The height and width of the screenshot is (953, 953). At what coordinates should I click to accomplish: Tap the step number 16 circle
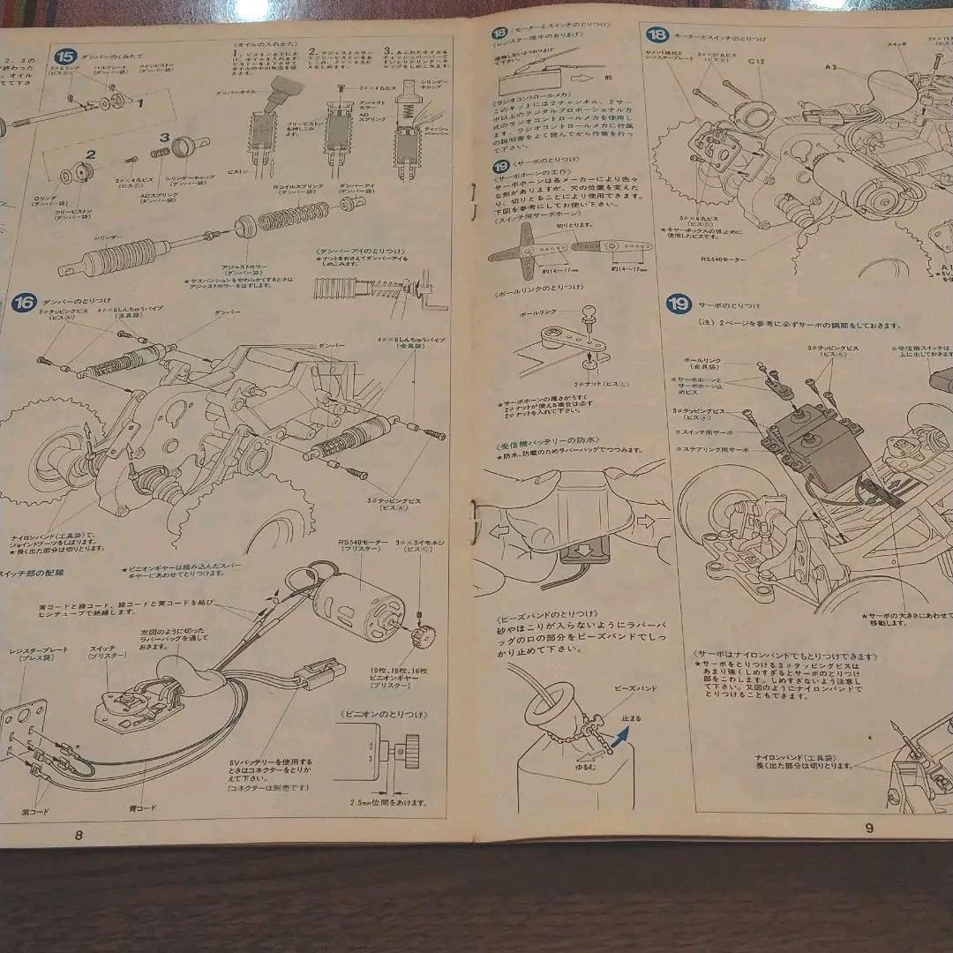point(25,303)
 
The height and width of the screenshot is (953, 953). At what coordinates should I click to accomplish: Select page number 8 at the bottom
point(79,835)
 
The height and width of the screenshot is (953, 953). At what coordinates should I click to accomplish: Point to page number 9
point(868,827)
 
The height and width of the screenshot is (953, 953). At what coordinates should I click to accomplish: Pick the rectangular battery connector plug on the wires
point(323,673)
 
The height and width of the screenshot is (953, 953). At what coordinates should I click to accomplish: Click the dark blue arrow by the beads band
point(622,739)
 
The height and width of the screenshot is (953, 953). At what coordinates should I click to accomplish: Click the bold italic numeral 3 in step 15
point(164,137)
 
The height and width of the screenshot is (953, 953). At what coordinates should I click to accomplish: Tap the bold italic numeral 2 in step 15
point(89,154)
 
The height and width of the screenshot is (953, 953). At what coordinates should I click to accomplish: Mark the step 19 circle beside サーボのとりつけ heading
point(678,304)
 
